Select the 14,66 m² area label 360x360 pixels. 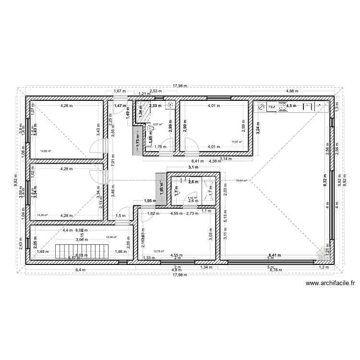tap(46, 151)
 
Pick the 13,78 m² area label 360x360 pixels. tap(158, 251)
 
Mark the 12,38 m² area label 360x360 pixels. tap(111, 237)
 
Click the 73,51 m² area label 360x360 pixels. tap(241, 181)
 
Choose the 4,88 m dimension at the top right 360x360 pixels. tap(293, 91)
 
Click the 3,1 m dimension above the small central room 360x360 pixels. tap(193, 167)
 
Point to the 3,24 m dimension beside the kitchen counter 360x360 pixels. tap(259, 128)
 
